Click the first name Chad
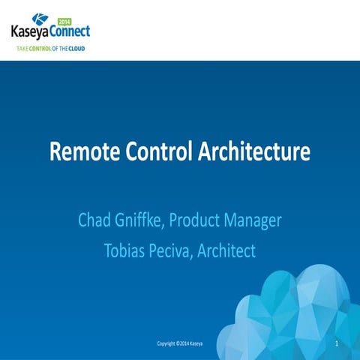pyautogui.click(x=97, y=221)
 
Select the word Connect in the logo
pyautogui.click(x=72, y=32)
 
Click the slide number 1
pyautogui.click(x=338, y=343)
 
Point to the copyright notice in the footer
pyautogui.click(x=179, y=344)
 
